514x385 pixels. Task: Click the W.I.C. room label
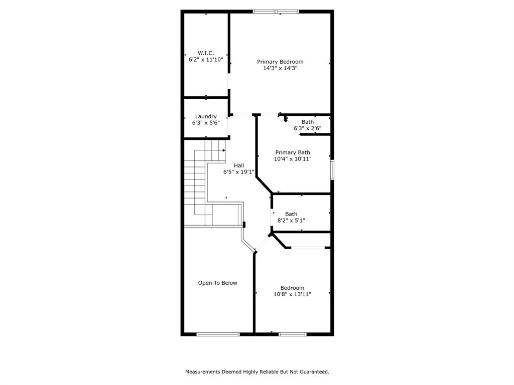[x=206, y=53]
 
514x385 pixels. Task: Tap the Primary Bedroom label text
[x=280, y=62]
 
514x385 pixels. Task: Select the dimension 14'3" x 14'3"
[x=280, y=68]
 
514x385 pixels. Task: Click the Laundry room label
[x=206, y=116]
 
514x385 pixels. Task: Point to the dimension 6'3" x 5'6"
[x=206, y=123]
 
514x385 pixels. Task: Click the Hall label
[x=239, y=165]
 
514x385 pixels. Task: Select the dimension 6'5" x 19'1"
[x=239, y=172]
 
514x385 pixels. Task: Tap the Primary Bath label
[x=293, y=152]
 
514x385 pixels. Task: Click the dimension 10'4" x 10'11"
[x=293, y=159]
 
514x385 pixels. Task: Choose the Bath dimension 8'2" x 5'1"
[x=291, y=220]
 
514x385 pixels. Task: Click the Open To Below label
[x=217, y=283]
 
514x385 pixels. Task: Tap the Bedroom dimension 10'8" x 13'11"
[x=292, y=294]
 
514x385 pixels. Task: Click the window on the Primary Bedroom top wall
[x=276, y=11]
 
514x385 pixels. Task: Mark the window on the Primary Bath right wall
[x=332, y=169]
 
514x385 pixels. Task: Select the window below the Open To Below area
[x=218, y=334]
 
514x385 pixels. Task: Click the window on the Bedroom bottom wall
[x=293, y=334]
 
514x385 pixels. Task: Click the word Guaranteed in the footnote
[x=314, y=372]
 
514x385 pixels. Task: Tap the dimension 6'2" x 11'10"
[x=206, y=59]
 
